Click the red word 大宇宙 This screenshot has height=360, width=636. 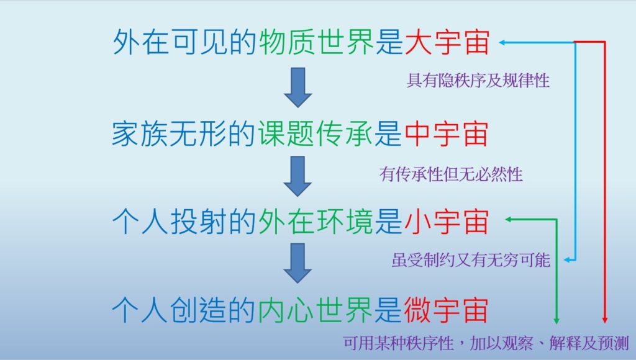pyautogui.click(x=447, y=42)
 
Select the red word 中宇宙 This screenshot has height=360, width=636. pyautogui.click(x=446, y=134)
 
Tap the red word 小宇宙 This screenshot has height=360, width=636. pyautogui.click(x=446, y=222)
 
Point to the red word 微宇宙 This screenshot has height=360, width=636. pyautogui.click(x=446, y=310)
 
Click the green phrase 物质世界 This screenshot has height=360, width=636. pyautogui.click(x=316, y=42)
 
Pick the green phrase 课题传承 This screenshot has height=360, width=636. pyautogui.click(x=316, y=134)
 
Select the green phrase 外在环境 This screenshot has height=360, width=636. pyautogui.click(x=316, y=222)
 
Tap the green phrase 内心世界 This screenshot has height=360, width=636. pyautogui.click(x=316, y=310)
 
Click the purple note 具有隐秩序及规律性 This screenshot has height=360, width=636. pyautogui.click(x=478, y=81)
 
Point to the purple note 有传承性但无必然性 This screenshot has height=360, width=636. pyautogui.click(x=451, y=174)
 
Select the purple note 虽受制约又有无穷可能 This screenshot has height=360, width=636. pyautogui.click(x=471, y=260)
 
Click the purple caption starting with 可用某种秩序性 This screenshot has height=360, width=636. pyautogui.click(x=486, y=343)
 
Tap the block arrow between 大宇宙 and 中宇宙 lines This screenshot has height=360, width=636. pyautogui.click(x=298, y=88)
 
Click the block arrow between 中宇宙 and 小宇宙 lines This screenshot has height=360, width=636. pyautogui.click(x=298, y=176)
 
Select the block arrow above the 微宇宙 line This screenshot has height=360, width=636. pyautogui.click(x=298, y=263)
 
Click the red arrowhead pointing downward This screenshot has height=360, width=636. pyautogui.click(x=604, y=320)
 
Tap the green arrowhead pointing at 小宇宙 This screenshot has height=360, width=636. pyautogui.click(x=508, y=219)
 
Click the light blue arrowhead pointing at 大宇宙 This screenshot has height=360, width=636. pyautogui.click(x=502, y=42)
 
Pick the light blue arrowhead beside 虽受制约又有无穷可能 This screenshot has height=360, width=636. pyautogui.click(x=567, y=260)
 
